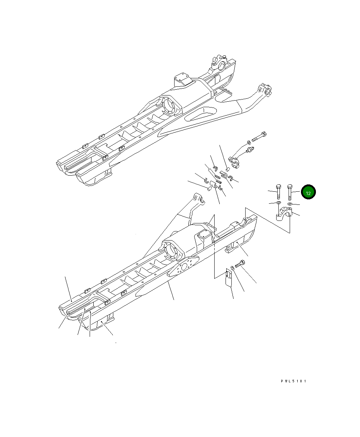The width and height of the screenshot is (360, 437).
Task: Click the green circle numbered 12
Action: click(308, 193)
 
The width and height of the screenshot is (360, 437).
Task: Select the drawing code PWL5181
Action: click(293, 381)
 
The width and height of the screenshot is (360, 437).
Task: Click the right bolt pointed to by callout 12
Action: click(290, 192)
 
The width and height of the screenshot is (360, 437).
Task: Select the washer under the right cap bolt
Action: click(289, 204)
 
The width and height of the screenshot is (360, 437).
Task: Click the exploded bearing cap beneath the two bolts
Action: click(284, 214)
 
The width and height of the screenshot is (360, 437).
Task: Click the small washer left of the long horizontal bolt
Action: click(249, 141)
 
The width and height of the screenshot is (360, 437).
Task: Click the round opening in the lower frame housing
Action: click(171, 251)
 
